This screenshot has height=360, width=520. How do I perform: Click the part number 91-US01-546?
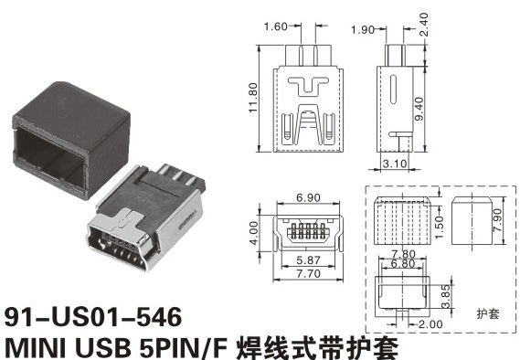tap(93, 317)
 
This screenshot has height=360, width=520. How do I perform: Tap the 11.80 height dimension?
tap(253, 98)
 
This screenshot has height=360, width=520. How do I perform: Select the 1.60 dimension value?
tap(276, 26)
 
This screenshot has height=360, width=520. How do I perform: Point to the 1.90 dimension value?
tap(363, 30)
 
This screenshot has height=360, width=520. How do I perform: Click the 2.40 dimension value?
tap(423, 25)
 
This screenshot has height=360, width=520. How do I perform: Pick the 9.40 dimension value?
tap(419, 109)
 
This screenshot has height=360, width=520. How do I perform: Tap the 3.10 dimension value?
tap(395, 164)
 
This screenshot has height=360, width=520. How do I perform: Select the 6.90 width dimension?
tap(308, 197)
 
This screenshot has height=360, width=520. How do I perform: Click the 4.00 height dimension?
tap(254, 233)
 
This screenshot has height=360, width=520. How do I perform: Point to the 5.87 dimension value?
tap(309, 260)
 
